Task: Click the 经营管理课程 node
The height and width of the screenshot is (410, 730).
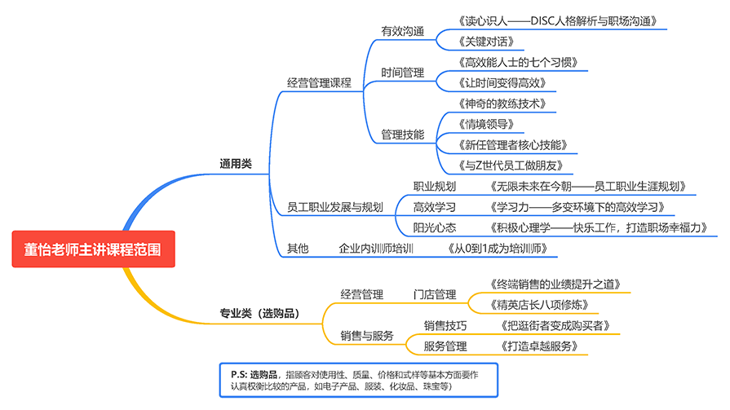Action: pyautogui.click(x=318, y=82)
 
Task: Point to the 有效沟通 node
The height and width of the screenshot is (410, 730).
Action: pyautogui.click(x=403, y=32)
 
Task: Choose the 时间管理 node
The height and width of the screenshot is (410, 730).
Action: pyautogui.click(x=403, y=73)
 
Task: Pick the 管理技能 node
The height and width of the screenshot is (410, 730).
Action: pyautogui.click(x=403, y=134)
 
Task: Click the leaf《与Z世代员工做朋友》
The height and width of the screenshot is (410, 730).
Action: pyautogui.click(x=502, y=165)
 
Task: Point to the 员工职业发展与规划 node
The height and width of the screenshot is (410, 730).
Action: pyautogui.click(x=335, y=206)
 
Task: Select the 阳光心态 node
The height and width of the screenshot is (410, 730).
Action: pyautogui.click(x=435, y=227)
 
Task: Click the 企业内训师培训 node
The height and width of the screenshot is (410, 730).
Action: pyautogui.click(x=377, y=249)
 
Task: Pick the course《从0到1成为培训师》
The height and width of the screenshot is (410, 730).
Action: pyautogui.click(x=498, y=249)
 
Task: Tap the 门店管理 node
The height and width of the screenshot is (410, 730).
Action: pyautogui.click(x=435, y=294)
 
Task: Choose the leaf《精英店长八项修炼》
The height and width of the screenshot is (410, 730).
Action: pyautogui.click(x=540, y=306)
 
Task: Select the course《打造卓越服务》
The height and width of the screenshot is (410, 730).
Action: pyautogui.click(x=542, y=346)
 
